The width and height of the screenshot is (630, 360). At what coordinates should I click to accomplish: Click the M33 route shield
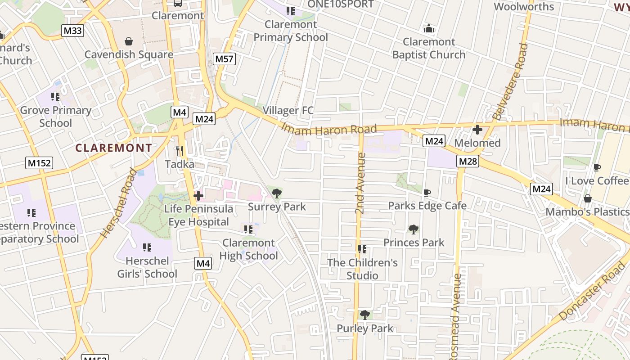(72, 31)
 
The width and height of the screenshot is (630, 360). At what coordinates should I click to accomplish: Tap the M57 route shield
(225, 58)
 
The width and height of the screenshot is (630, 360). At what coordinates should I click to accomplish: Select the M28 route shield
(468, 161)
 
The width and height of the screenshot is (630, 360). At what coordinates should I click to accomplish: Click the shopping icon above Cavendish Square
(129, 41)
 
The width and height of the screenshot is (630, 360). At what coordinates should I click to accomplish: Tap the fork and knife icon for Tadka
(180, 150)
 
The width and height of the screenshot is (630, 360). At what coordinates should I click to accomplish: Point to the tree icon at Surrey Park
(277, 193)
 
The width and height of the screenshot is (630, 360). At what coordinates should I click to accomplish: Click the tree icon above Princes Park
(413, 229)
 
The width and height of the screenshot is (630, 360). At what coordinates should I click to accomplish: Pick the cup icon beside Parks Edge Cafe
(427, 193)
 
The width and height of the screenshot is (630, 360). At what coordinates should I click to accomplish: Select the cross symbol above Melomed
(477, 130)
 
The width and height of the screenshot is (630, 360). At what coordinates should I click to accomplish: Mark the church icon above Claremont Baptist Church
(429, 28)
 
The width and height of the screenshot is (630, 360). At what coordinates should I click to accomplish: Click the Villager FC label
(288, 110)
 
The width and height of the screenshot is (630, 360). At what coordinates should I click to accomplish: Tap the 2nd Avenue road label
(360, 184)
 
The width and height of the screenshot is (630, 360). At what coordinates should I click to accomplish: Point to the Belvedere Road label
(510, 81)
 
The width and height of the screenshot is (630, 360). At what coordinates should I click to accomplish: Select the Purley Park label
(365, 328)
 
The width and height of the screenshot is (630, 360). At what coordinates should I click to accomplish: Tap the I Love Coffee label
(597, 180)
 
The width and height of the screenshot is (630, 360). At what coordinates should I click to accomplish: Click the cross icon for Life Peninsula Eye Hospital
(198, 196)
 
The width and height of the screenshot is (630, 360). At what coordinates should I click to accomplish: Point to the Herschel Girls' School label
(147, 267)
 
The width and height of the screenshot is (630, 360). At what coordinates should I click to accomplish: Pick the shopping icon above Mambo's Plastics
(587, 198)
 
